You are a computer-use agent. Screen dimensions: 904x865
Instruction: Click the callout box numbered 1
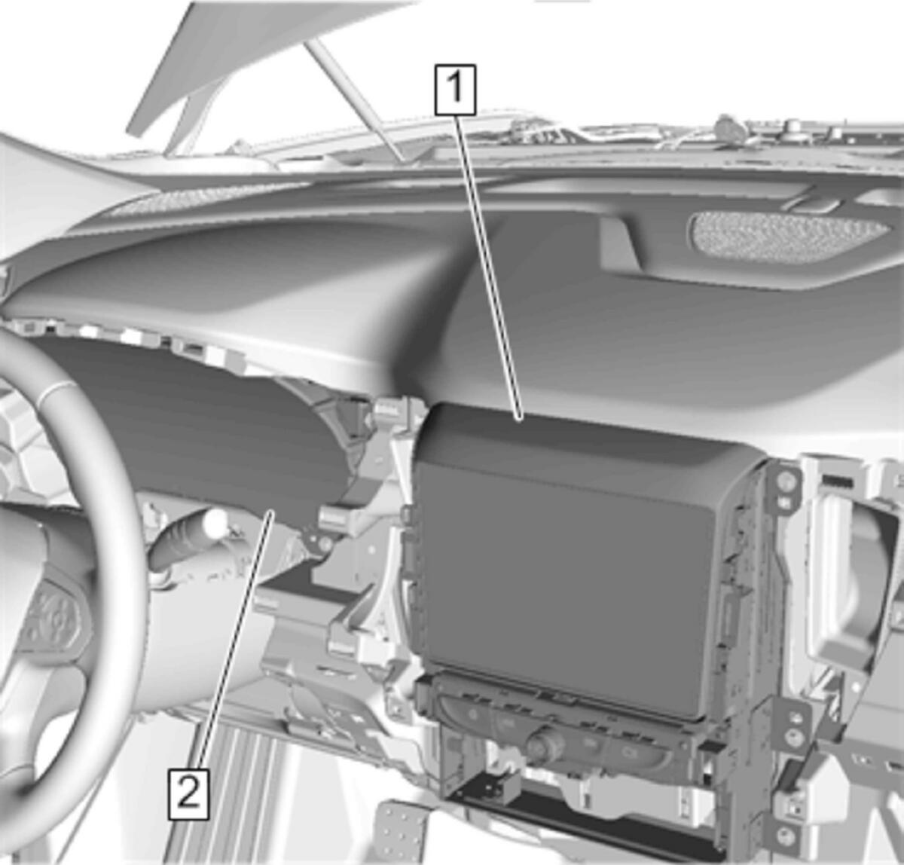pyautogui.click(x=455, y=90)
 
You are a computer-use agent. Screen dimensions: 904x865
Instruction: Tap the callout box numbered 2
pyautogui.click(x=188, y=794)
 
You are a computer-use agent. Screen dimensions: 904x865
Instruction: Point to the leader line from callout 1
pyautogui.click(x=489, y=268)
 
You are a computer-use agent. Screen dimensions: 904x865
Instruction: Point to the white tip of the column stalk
pyautogui.click(x=216, y=522)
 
